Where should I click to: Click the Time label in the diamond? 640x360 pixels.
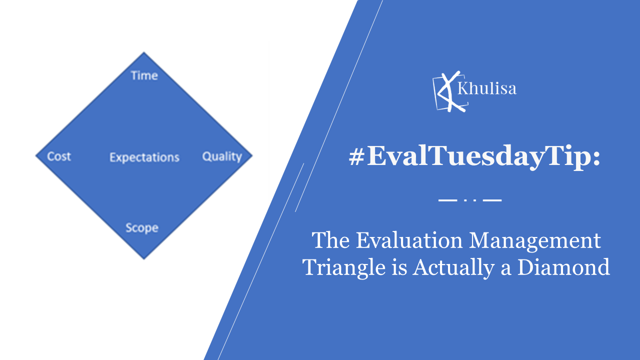click(144, 75)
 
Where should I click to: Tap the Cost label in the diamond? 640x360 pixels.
click(59, 156)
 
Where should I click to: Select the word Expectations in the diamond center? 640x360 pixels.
click(144, 157)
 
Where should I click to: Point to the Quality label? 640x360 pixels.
click(222, 157)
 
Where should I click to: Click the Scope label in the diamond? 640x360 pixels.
click(142, 228)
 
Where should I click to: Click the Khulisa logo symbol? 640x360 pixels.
click(450, 91)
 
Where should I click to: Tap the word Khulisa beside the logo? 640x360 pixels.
click(487, 88)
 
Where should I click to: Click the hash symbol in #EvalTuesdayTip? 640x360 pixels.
click(356, 157)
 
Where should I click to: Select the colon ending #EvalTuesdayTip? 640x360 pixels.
click(596, 158)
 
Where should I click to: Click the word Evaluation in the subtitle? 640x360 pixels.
click(409, 240)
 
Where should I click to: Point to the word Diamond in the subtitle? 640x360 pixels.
click(563, 267)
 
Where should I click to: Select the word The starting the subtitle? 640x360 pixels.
click(330, 240)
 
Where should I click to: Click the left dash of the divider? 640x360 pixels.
click(447, 200)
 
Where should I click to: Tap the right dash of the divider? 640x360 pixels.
click(492, 200)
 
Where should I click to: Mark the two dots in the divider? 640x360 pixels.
click(470, 200)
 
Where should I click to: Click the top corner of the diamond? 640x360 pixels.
click(143, 52)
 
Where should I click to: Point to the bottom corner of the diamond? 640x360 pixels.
click(143, 259)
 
